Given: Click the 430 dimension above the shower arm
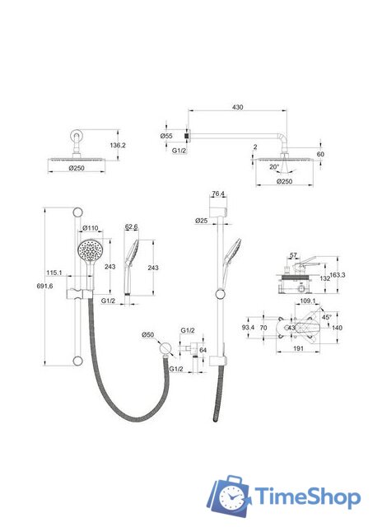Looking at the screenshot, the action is pyautogui.click(x=238, y=107).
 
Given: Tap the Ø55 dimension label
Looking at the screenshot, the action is pyautogui.click(x=166, y=136).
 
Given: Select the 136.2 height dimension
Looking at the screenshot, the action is pyautogui.click(x=118, y=145).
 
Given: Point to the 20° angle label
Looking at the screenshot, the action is pyautogui.click(x=274, y=167).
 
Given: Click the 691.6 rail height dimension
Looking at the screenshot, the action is pyautogui.click(x=44, y=286).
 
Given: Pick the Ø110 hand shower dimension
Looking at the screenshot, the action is pyautogui.click(x=91, y=228).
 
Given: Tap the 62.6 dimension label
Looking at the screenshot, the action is pyautogui.click(x=132, y=227).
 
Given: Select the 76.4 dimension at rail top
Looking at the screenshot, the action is pyautogui.click(x=218, y=194).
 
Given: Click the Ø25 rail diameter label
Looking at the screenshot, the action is pyautogui.click(x=201, y=221).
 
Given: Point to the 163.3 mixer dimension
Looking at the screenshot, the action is pyautogui.click(x=338, y=275).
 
